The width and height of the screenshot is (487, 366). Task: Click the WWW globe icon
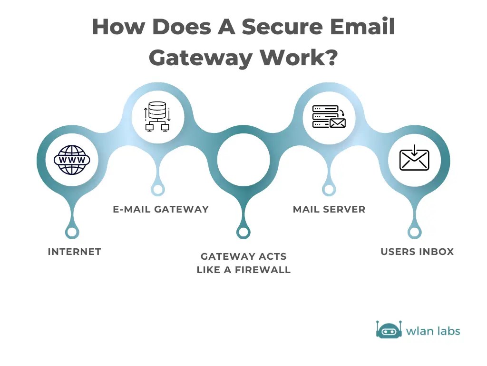pos(71,160)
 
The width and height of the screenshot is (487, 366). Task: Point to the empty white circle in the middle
pos(243,160)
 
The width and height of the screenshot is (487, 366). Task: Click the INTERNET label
pos(75,252)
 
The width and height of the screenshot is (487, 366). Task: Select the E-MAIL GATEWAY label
pos(161,209)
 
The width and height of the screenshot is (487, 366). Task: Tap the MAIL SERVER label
pos(329,209)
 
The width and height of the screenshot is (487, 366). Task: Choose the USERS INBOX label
pos(417,252)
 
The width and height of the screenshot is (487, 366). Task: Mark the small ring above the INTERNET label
pos(72,232)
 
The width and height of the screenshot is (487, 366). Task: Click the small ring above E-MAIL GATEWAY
pos(157,189)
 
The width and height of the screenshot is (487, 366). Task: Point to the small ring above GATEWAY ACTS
pos(243,232)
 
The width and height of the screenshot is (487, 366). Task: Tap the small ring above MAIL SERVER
pos(329,189)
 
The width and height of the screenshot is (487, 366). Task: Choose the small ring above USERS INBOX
pos(414,232)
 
